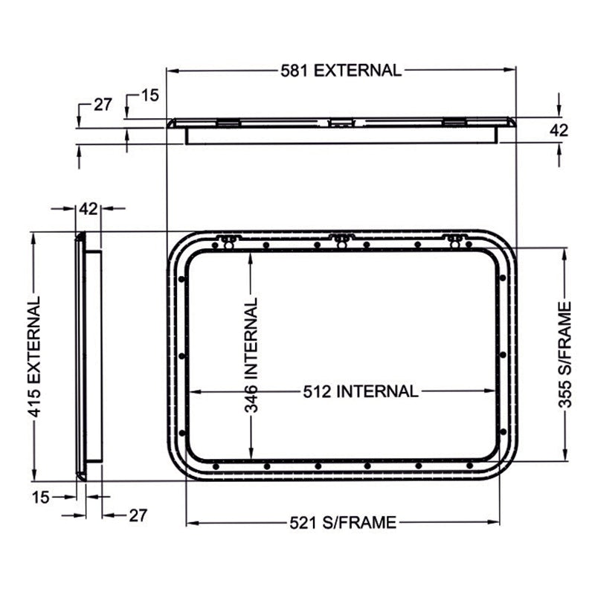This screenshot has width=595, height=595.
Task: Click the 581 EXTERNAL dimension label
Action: [x=341, y=71]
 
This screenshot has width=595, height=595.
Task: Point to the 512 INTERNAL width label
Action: [x=359, y=391]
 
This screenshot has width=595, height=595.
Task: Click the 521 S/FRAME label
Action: [x=341, y=523]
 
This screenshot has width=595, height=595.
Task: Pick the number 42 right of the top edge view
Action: [x=559, y=130]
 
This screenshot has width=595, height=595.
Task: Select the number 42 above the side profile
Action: [x=89, y=209]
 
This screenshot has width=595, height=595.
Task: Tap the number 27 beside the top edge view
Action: [x=103, y=105]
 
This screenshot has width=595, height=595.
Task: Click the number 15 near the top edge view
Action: [x=150, y=95]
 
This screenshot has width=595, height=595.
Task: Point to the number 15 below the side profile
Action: [x=42, y=496]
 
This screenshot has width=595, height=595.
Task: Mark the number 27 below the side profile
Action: [x=138, y=515]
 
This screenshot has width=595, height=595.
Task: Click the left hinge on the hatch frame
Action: [x=229, y=240]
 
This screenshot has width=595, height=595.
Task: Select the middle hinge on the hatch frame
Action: [x=341, y=240]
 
